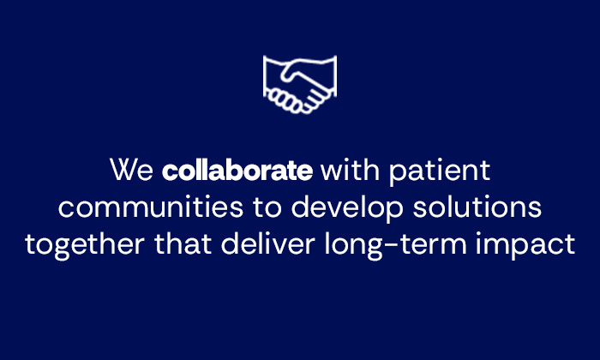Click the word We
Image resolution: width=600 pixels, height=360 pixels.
131,171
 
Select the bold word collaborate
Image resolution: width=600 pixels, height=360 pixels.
237,171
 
